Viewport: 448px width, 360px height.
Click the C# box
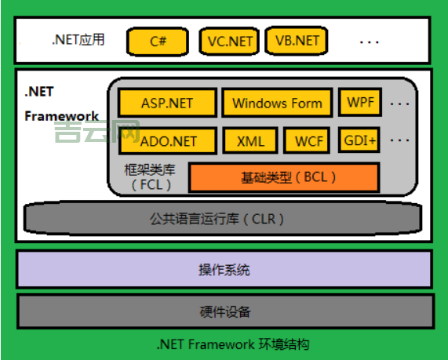click(158, 41)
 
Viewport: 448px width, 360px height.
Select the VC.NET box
click(230, 41)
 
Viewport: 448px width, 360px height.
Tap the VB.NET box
click(297, 41)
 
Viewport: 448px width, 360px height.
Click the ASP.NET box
click(166, 103)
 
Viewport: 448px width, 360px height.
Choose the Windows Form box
click(277, 103)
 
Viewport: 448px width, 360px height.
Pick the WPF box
click(360, 102)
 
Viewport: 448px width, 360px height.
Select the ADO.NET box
click(166, 141)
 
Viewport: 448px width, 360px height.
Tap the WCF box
click(306, 141)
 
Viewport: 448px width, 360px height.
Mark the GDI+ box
click(360, 140)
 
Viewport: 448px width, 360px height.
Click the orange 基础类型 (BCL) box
click(283, 177)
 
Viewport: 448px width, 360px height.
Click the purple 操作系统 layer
click(224, 270)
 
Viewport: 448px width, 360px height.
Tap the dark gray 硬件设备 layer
click(224, 311)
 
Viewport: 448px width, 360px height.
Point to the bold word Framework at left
click(62, 116)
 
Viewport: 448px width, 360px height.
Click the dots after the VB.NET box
click(370, 41)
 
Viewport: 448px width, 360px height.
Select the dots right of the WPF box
click(400, 103)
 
